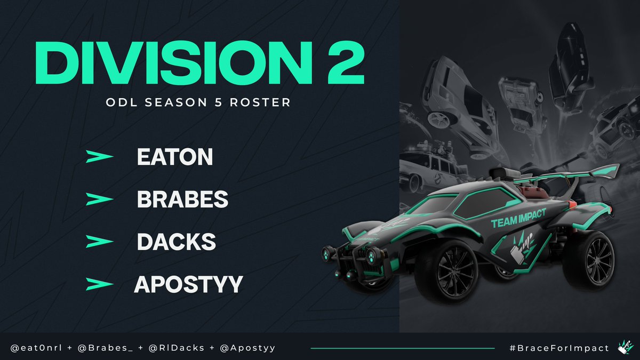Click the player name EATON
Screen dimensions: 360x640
[175, 157]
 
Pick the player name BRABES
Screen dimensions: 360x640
[182, 199]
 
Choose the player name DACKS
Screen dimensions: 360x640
[177, 242]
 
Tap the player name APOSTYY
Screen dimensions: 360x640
[188, 284]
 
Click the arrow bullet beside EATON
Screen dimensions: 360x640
[99, 157]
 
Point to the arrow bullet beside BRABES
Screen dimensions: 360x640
[99, 199]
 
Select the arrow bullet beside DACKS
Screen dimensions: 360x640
[99, 242]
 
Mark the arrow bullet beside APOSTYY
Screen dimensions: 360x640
[99, 284]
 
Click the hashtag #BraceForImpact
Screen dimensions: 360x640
[559, 348]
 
